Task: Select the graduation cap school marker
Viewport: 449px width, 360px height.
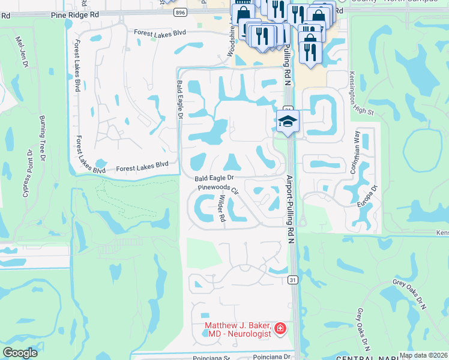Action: click(288, 121)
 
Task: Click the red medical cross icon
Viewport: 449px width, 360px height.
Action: click(279, 328)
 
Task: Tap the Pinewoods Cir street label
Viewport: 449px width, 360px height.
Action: click(219, 188)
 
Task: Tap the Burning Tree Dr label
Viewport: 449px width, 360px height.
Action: click(43, 139)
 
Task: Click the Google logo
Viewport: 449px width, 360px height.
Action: click(20, 353)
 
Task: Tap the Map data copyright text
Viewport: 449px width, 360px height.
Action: click(424, 355)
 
